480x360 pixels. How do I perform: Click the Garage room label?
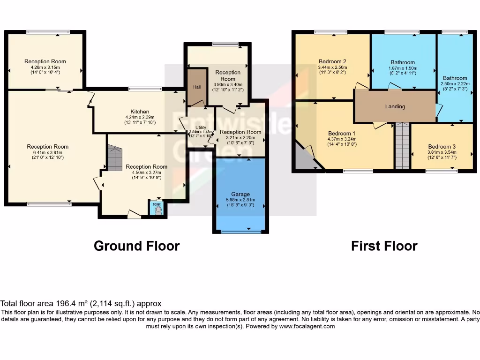240,194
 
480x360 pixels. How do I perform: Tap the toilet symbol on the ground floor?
157,210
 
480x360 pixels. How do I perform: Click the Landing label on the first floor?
395,106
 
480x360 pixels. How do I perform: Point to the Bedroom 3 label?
442,147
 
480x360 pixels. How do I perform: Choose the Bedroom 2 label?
332,61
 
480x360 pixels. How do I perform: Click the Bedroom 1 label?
341,133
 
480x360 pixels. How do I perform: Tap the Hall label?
197,87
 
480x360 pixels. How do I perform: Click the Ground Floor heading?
136,246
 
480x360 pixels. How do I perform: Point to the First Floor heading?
384,246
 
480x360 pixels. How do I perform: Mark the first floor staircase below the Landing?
402,145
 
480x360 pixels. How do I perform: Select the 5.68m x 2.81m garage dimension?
240,200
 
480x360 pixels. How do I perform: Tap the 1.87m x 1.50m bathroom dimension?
403,68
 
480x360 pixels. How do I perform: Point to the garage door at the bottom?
241,231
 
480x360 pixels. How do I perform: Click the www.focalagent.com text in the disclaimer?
307,326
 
